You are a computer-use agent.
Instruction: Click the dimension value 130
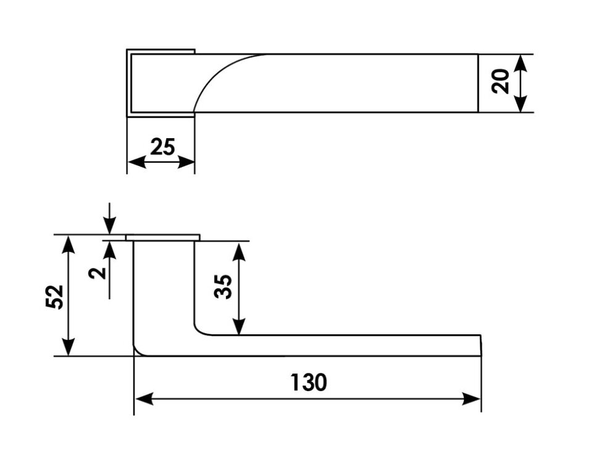(x=308, y=382)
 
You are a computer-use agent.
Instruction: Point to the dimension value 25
(x=163, y=147)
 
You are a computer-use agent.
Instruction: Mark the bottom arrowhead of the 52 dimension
(x=69, y=347)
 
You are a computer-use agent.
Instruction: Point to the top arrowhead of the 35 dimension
(x=240, y=250)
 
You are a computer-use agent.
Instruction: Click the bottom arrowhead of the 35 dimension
(x=240, y=326)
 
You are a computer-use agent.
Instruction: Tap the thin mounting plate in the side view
(x=163, y=237)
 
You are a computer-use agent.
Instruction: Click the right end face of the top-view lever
(x=479, y=83)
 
